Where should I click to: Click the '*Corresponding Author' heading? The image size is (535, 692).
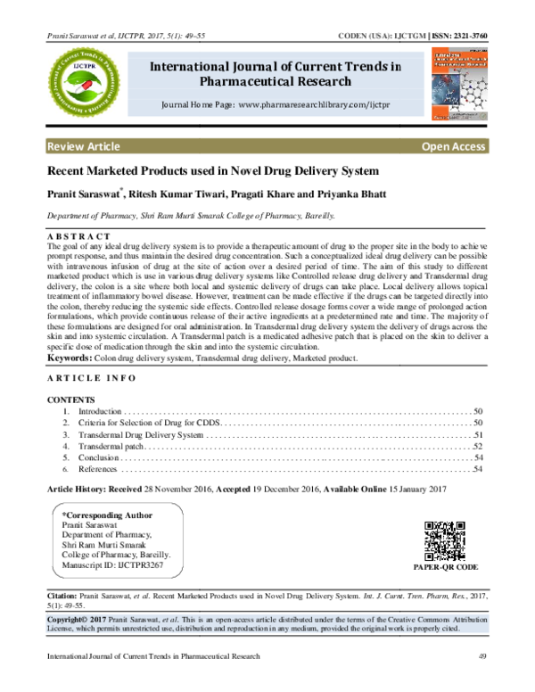pyautogui.click(x=102, y=515)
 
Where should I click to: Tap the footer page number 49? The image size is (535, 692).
pyautogui.click(x=482, y=657)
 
